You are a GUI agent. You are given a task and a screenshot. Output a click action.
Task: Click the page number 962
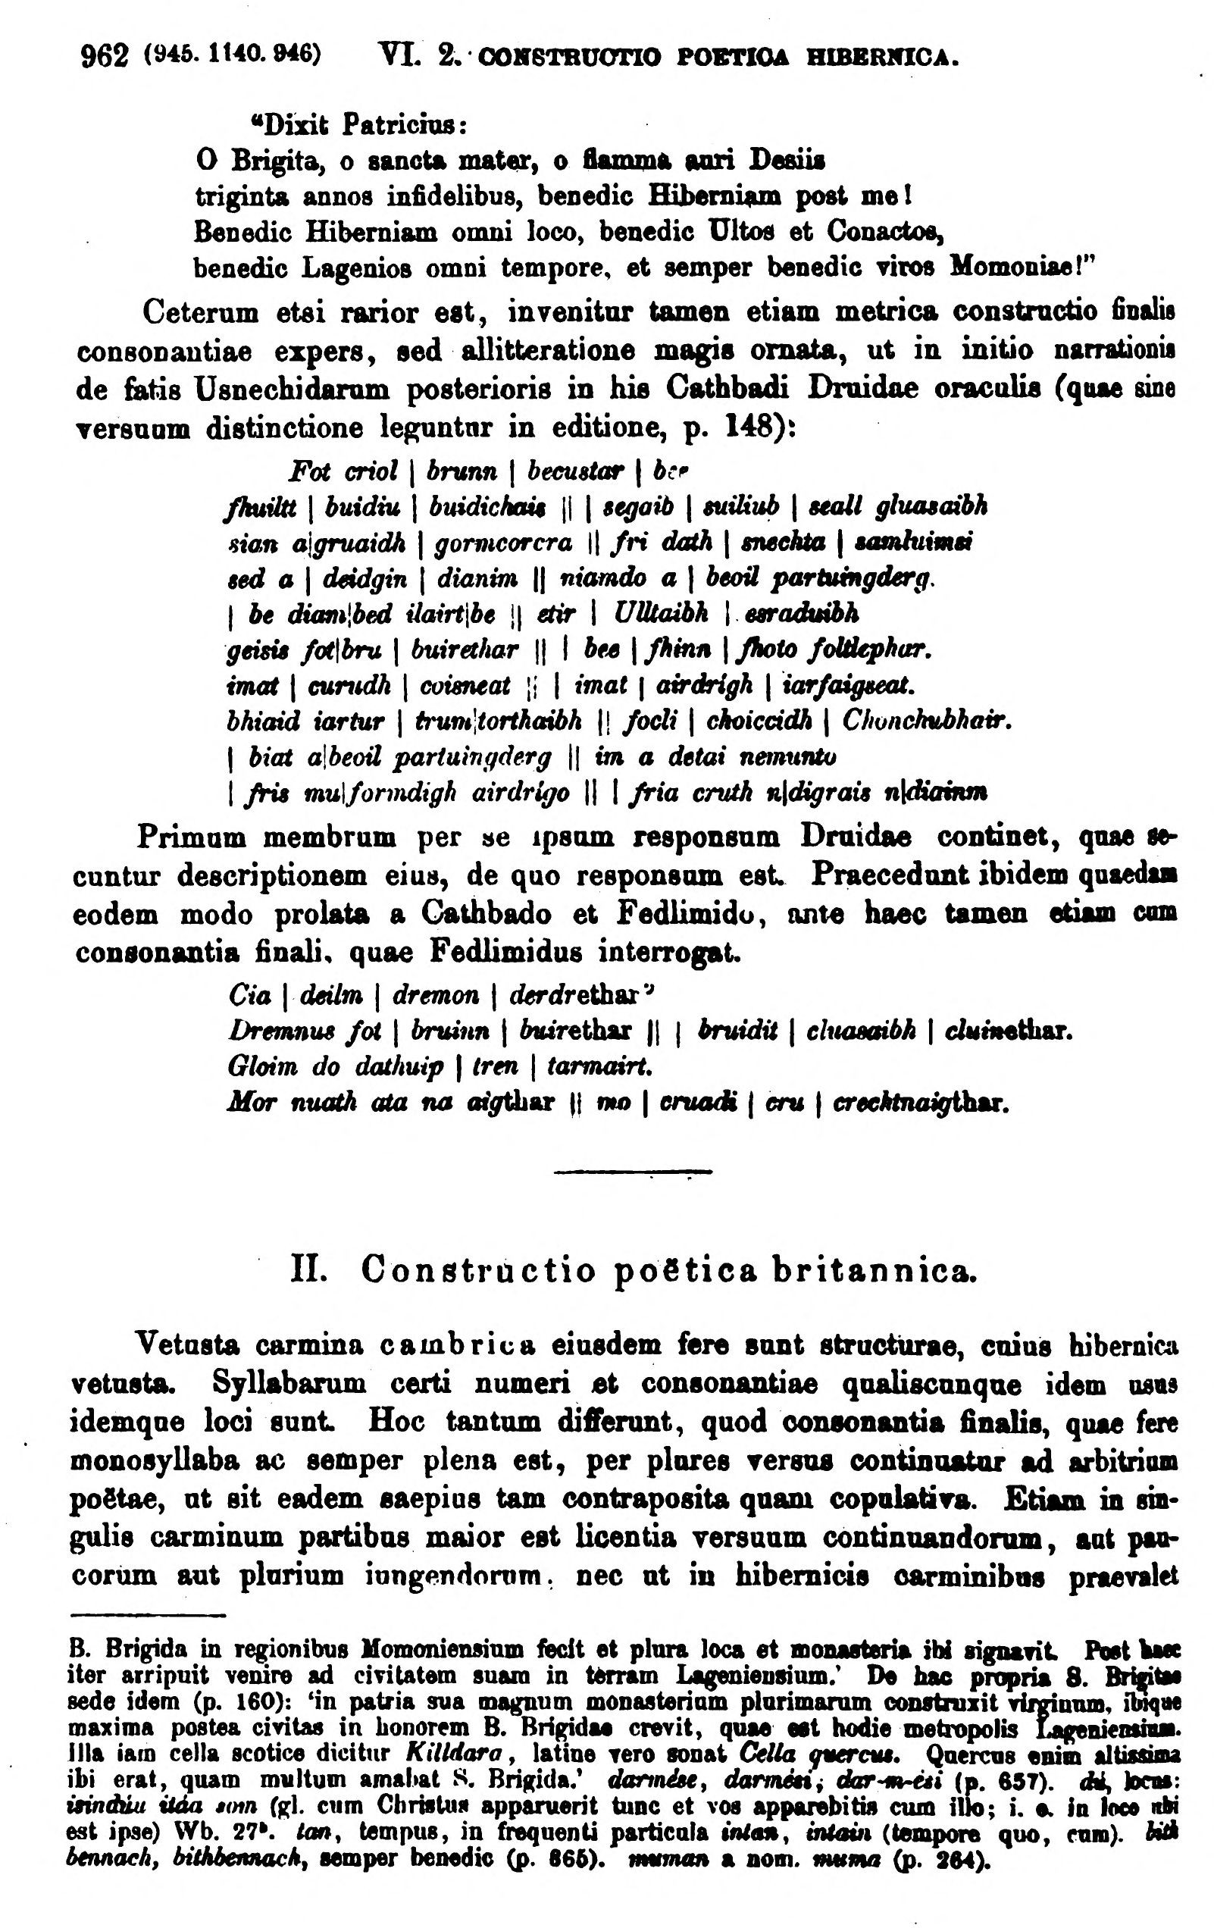[x=105, y=56]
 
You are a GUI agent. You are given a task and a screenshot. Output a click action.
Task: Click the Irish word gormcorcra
[x=504, y=543]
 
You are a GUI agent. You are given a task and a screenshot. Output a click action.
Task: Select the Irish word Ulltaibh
[x=661, y=613]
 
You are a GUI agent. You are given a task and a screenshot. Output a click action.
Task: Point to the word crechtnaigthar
[x=920, y=1103]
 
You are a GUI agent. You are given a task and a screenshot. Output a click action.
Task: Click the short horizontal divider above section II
[x=632, y=1173]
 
